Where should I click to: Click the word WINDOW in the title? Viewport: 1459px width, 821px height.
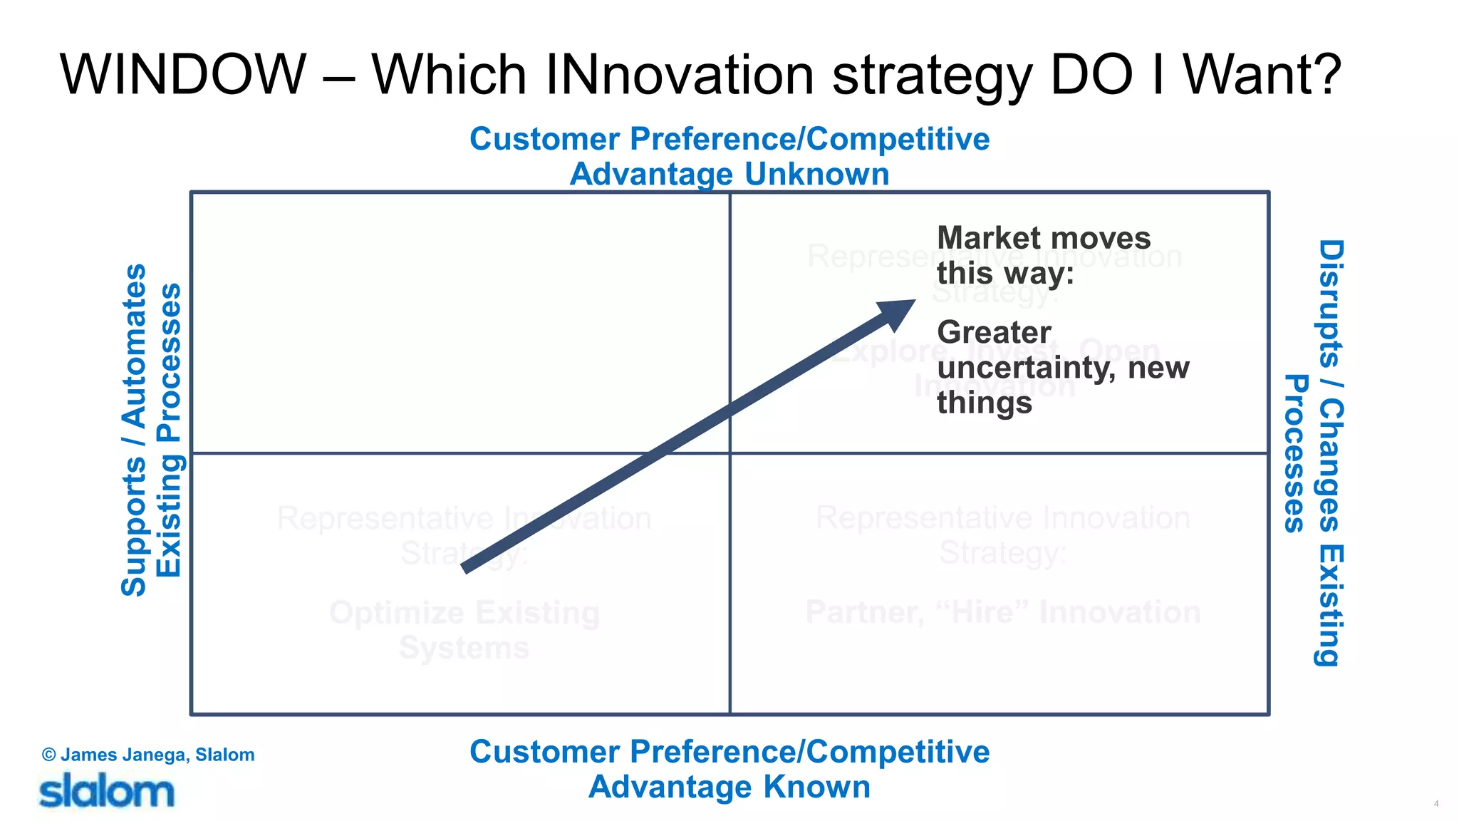[x=183, y=74]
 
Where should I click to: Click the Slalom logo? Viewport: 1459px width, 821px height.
[x=106, y=792]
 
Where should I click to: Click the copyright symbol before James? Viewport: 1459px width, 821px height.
[x=48, y=755]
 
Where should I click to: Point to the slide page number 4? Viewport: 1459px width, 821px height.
[x=1436, y=803]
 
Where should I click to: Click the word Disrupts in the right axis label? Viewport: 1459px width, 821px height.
[x=1329, y=303]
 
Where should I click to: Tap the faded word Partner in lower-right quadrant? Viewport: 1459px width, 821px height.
[x=863, y=613]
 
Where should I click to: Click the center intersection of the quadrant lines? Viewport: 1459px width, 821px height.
[x=730, y=453]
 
